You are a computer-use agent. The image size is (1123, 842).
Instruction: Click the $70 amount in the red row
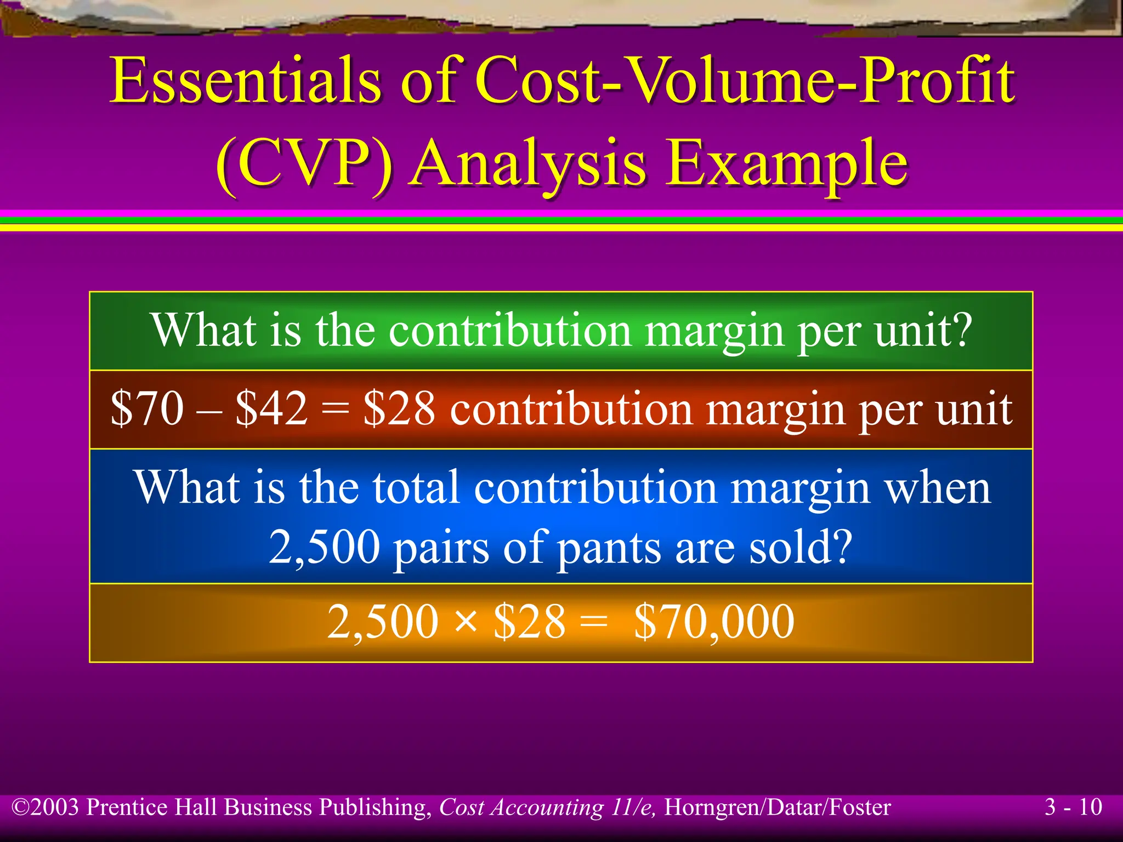147,409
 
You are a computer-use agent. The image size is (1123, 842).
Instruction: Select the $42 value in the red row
271,409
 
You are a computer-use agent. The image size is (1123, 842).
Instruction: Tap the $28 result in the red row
399,409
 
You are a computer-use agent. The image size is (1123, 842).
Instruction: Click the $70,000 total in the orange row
714,622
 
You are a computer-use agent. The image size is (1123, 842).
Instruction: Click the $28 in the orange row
529,622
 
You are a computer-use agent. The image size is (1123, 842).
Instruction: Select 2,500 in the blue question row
324,547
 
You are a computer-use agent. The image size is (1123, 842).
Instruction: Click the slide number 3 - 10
1073,807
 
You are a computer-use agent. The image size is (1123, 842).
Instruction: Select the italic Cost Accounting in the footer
521,807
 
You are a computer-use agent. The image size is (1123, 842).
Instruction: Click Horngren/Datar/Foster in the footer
778,807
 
